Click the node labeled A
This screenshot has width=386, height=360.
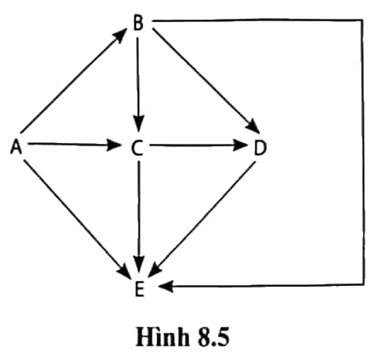16,147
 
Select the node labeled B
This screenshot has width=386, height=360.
138,23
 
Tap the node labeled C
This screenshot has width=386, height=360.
137,148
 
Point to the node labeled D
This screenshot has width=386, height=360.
260,148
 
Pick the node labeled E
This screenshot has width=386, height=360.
140,289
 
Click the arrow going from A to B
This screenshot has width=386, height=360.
74,80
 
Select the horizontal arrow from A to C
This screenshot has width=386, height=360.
74,145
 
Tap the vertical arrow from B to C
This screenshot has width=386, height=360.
138,84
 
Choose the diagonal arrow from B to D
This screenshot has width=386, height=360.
206,81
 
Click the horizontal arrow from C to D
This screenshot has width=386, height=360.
199,146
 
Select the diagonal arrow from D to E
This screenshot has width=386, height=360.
202,219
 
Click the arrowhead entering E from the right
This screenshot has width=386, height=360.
166,286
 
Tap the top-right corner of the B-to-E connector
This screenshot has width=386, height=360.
362,20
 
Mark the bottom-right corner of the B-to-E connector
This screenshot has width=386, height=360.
364,284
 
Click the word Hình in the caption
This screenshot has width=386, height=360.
163,337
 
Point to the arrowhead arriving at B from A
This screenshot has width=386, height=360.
120,35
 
